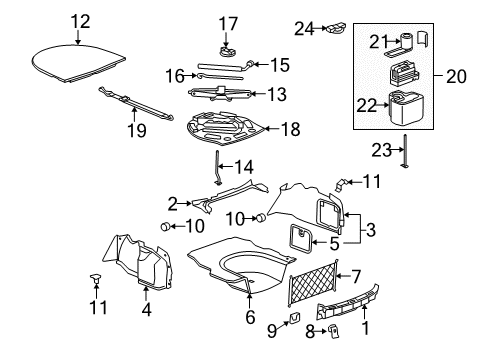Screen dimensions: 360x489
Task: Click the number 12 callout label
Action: (79, 20)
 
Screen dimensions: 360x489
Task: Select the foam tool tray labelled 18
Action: (224, 128)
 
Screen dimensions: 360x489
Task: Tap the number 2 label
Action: (172, 204)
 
